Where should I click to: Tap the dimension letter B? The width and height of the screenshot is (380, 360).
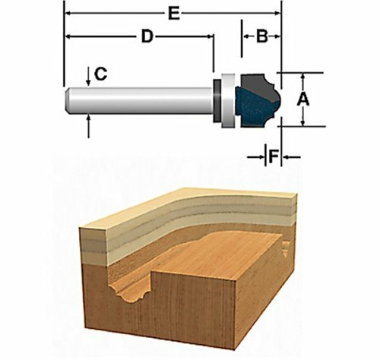coord(261,36)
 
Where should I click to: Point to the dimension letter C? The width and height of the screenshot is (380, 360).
coord(100,74)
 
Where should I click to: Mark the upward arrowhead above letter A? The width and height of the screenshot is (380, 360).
coord(303,77)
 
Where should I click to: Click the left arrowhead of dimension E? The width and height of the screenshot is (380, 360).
coord(68,13)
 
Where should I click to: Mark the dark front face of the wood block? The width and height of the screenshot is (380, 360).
coord(190,311)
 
